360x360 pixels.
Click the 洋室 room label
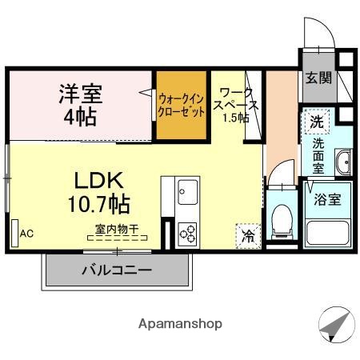79,93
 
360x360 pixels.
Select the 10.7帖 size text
99,203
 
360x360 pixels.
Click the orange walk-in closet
181,105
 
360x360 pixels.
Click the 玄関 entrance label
318,78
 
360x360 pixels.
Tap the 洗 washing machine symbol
318,123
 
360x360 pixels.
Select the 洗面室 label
318,156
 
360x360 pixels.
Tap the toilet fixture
282,219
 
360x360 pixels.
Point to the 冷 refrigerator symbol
249,235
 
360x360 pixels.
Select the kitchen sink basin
189,193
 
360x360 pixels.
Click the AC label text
26,234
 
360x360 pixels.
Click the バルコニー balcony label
116,270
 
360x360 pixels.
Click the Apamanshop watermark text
180,324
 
